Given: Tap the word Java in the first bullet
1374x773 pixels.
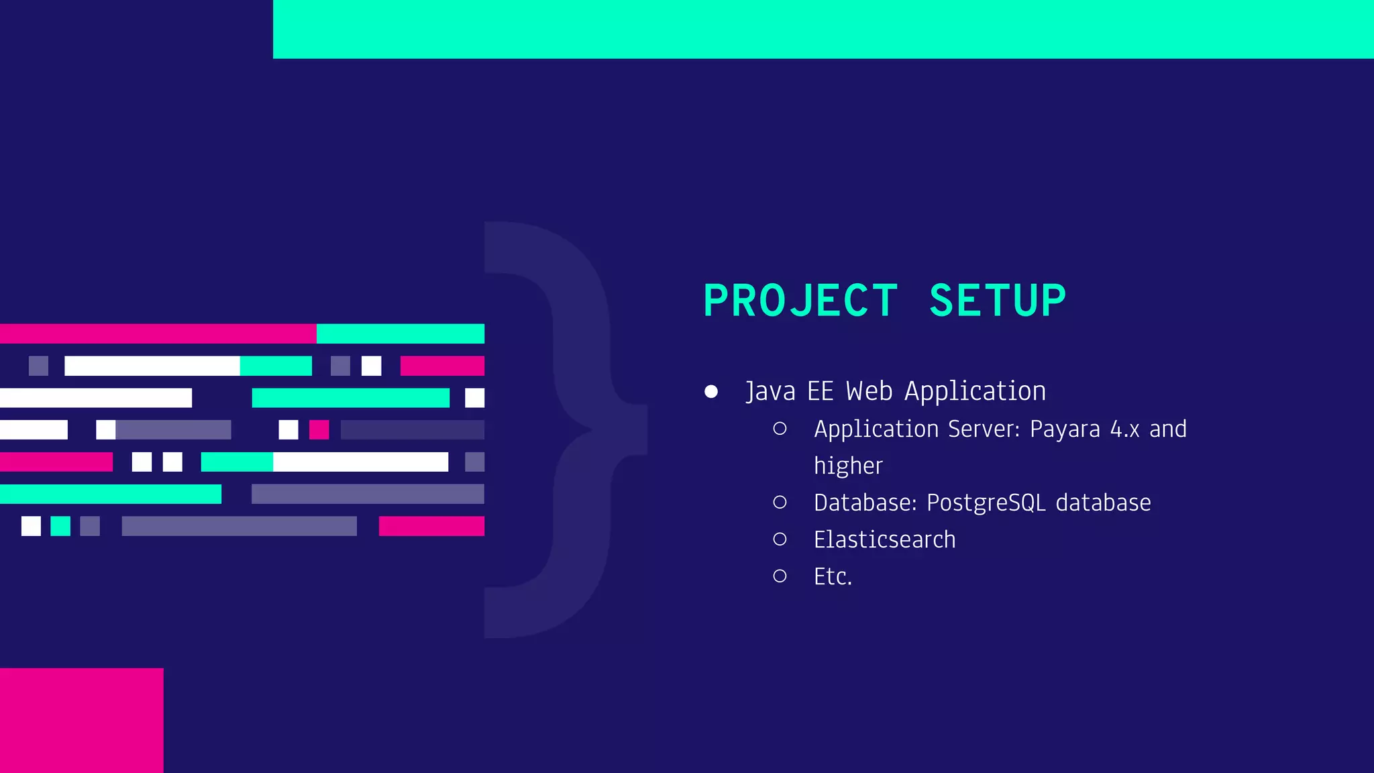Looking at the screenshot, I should (770, 391).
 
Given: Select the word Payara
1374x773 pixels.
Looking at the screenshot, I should (1065, 429).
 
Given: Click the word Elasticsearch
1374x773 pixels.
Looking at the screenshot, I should (884, 539).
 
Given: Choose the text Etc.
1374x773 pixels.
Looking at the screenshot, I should (833, 576).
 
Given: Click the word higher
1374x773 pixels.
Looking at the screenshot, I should (848, 466).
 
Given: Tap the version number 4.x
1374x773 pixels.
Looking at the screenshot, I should (1124, 429).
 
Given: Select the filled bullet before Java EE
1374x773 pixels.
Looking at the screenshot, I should (711, 391).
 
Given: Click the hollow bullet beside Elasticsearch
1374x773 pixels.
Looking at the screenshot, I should (780, 539).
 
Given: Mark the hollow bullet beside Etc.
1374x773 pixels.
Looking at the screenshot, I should (780, 576).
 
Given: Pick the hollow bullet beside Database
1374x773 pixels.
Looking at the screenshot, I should (780, 502).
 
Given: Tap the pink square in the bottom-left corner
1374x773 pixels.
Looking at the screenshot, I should (81, 720).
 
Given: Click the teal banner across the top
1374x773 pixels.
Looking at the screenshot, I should (823, 29).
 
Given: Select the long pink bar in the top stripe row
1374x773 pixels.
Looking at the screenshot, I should (158, 333).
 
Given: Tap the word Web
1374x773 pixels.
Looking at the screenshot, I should (869, 391).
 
